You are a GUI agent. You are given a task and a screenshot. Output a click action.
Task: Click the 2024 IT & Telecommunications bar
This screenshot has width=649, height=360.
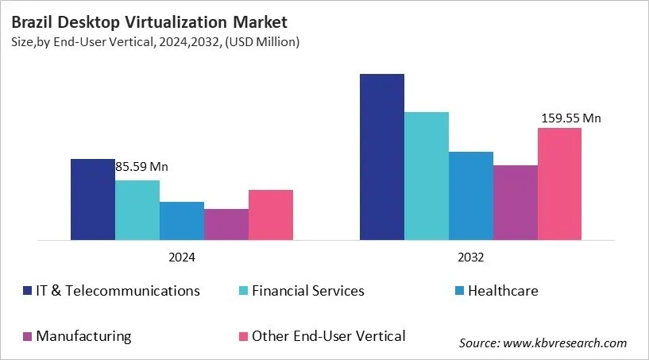(92, 199)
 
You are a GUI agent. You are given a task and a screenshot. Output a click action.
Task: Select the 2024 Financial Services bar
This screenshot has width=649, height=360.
(137, 210)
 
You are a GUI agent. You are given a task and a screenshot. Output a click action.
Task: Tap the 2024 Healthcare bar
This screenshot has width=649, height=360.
(181, 221)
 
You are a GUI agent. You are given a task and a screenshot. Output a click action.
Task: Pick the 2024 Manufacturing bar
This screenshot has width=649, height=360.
(226, 224)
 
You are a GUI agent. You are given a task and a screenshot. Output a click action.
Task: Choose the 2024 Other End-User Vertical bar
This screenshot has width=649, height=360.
(270, 215)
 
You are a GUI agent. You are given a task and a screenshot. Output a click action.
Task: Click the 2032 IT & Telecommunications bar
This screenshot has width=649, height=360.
(381, 157)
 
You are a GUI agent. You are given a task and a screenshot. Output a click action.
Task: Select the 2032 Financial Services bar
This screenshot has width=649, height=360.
(426, 176)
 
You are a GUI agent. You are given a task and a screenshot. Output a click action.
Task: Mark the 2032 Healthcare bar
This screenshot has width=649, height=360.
(470, 195)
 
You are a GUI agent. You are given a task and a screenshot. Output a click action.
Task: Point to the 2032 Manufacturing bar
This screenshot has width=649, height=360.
(515, 203)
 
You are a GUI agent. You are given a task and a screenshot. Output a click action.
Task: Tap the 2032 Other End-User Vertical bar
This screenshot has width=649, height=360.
(559, 184)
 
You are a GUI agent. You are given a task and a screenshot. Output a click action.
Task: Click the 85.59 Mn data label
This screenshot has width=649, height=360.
(142, 168)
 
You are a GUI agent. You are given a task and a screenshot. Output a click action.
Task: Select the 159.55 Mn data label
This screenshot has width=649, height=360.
(570, 118)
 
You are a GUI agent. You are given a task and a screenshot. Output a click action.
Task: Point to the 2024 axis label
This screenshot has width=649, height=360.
(181, 258)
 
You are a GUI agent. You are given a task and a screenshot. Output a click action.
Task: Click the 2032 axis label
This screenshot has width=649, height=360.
(470, 258)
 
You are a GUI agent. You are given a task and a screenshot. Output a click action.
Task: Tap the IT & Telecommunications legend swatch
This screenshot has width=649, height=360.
(28, 291)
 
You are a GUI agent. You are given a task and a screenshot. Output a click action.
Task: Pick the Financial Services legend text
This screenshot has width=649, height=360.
(307, 291)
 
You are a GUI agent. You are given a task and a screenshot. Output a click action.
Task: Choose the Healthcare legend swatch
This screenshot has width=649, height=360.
(458, 291)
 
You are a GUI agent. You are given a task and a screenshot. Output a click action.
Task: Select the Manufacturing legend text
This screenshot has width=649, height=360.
(83, 336)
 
